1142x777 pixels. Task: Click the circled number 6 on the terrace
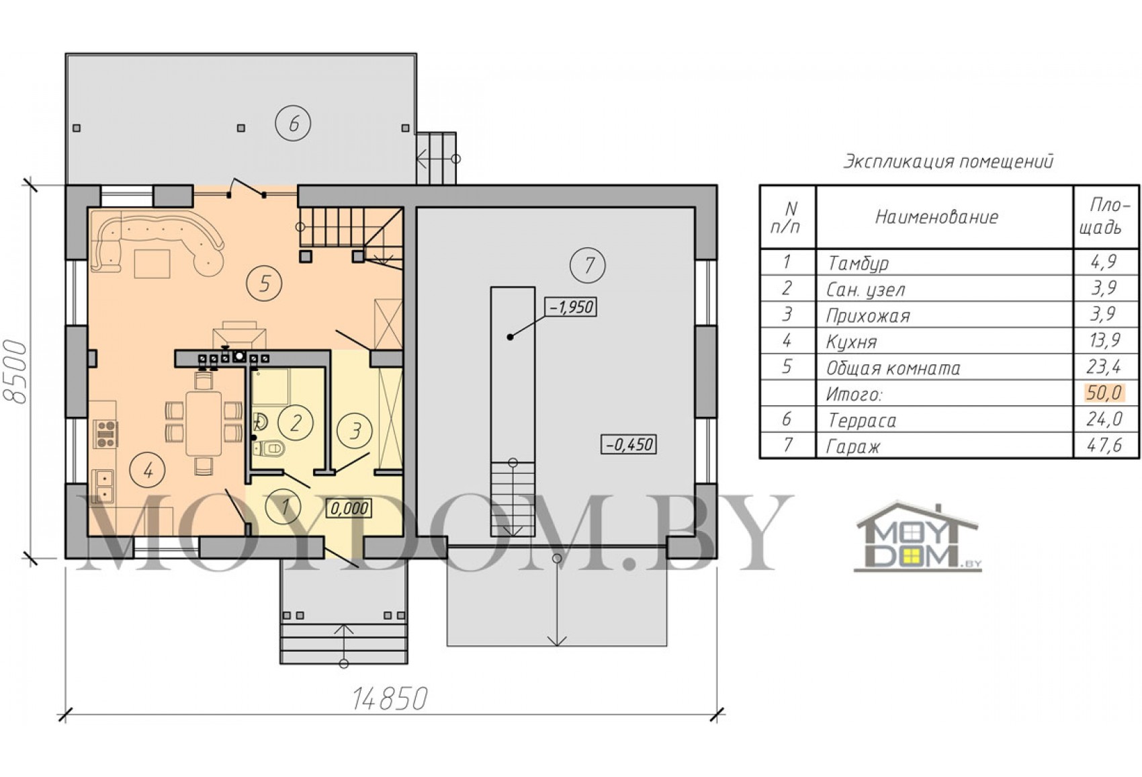[x=293, y=123]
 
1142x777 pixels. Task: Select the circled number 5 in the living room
[x=263, y=283]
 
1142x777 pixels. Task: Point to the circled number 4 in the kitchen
[x=148, y=471]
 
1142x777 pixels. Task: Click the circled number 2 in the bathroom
[x=295, y=422]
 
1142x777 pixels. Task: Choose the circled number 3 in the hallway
[x=355, y=430]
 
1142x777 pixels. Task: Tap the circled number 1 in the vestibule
[x=283, y=506]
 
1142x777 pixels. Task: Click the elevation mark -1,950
[x=570, y=306]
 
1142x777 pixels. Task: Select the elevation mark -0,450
[x=629, y=444]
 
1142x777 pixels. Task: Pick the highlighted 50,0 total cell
[x=1104, y=393]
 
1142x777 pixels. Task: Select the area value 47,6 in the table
[x=1105, y=446]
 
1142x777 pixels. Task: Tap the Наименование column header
[x=936, y=217]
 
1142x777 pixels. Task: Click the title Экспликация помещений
[x=948, y=162]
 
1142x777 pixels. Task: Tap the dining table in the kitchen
[x=204, y=423]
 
